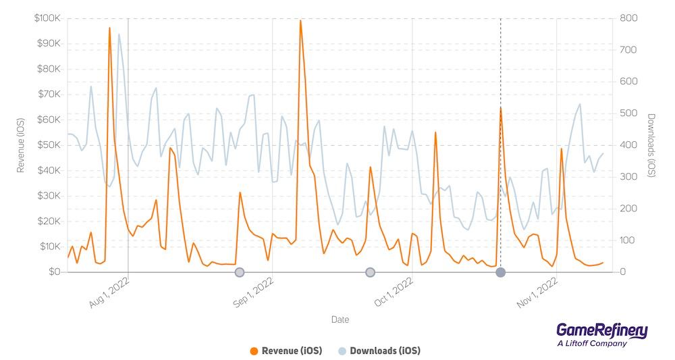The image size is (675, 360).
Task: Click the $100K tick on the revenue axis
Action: point(48,18)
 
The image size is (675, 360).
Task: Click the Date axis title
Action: point(340,319)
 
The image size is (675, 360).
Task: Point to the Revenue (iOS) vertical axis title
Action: point(21,145)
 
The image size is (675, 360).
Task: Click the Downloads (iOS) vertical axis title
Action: point(652,145)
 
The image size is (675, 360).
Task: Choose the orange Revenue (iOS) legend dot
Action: point(254,351)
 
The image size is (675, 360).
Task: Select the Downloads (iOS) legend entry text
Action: point(385,351)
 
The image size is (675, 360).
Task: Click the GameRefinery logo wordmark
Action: point(601,330)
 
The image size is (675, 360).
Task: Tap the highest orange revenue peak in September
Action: point(300,20)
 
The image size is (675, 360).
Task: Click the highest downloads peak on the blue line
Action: point(119,34)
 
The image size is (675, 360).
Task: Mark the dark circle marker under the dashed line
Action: point(500,272)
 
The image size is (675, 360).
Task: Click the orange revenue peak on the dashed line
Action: point(500,107)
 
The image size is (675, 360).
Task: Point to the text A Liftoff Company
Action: point(592,344)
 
